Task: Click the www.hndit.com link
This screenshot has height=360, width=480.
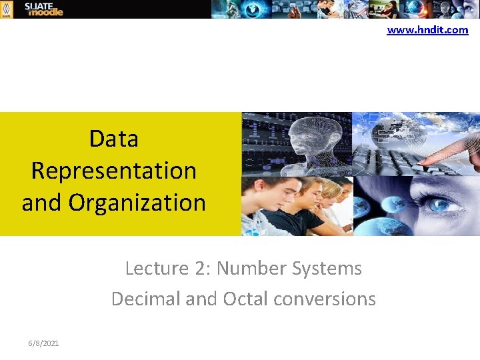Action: point(427,30)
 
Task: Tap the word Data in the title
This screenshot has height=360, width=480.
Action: point(113,139)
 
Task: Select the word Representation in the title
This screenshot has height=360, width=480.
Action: point(113,171)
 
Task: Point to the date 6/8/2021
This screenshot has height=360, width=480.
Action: point(43,343)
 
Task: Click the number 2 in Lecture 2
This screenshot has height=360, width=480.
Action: point(200,268)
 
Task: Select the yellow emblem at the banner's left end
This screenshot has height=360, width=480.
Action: point(6,9)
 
